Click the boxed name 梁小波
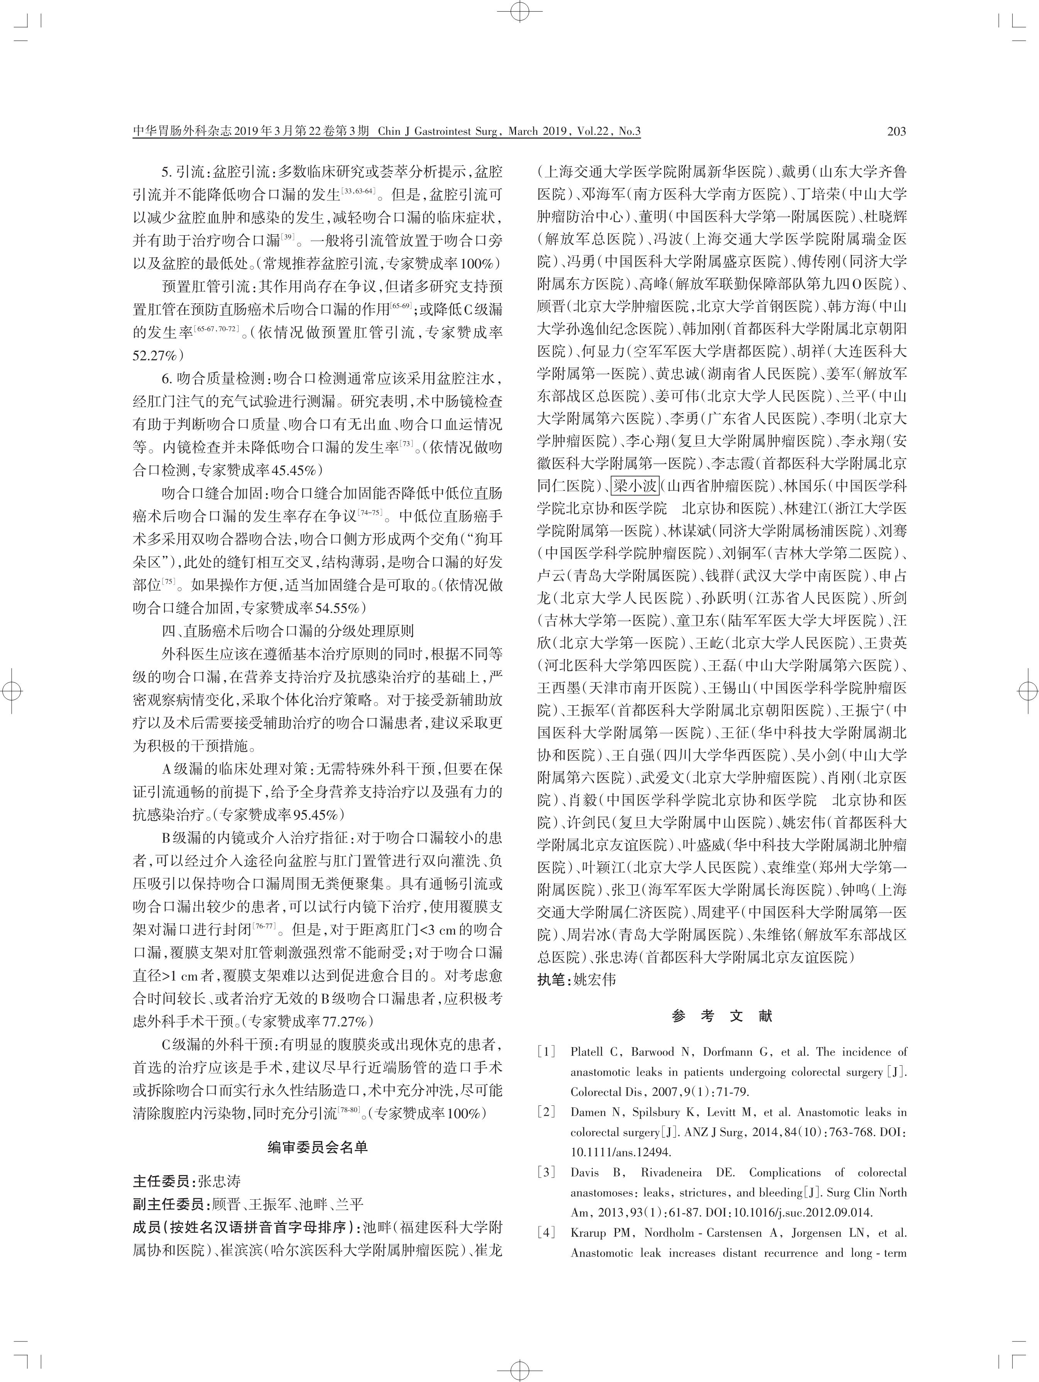click(x=634, y=486)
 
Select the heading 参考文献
click(x=722, y=1016)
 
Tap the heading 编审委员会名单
click(x=318, y=1148)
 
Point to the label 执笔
click(x=552, y=980)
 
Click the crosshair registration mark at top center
click(x=519, y=11)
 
